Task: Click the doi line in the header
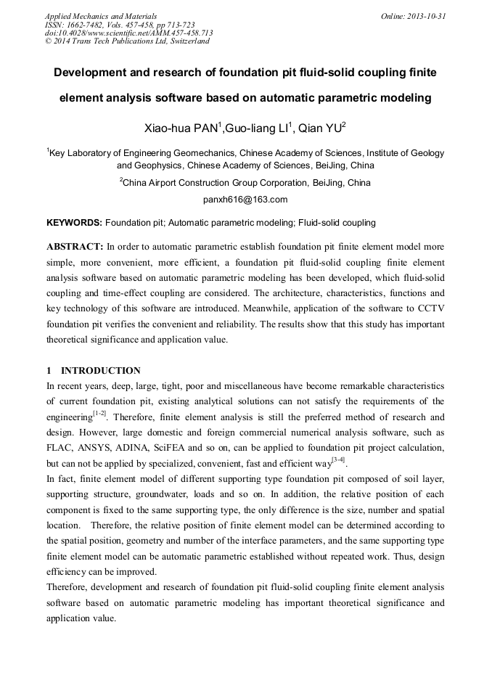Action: [128, 33]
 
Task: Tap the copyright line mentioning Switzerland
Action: [127, 41]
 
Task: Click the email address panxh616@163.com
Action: [245, 200]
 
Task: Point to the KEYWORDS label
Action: [74, 222]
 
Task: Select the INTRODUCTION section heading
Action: [100, 370]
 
